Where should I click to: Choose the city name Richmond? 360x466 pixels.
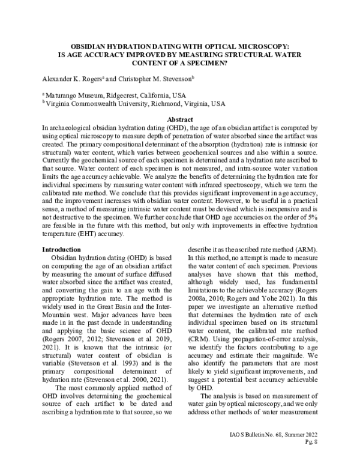click(161, 103)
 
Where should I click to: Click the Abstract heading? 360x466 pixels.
click(179, 120)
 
